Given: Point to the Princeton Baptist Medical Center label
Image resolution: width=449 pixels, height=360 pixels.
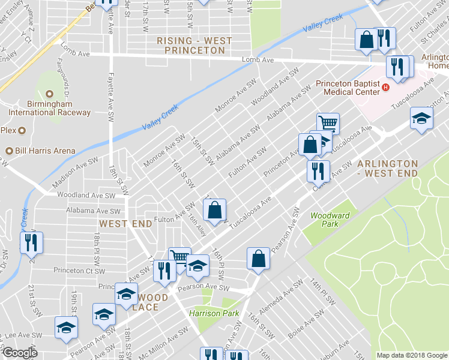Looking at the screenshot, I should (348, 88).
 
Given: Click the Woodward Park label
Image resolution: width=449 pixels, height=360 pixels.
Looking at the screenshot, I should (325, 220).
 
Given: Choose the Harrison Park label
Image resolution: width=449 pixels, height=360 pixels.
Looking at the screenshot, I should (214, 313).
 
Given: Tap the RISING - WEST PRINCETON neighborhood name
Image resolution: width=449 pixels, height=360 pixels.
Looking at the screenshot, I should (190, 46).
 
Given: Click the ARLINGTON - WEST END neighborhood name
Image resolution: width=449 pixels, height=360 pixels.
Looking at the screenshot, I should (387, 168).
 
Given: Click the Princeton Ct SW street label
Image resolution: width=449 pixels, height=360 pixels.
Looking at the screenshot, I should (76, 271).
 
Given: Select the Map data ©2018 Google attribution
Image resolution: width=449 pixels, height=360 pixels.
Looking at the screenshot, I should (412, 355).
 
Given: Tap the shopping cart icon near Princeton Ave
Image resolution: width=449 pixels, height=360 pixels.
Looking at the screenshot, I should (328, 124).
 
